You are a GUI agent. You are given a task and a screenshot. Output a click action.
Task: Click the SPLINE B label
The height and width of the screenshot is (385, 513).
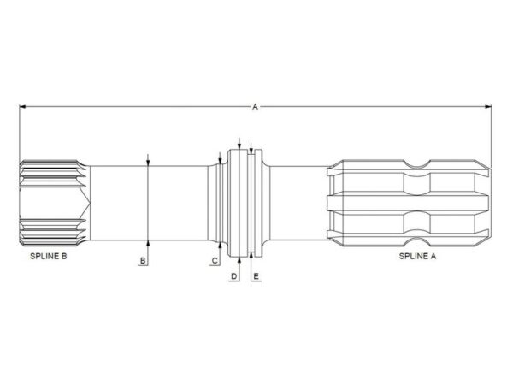(49, 256)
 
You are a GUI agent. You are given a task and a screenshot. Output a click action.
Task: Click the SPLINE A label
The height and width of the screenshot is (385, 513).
(417, 256)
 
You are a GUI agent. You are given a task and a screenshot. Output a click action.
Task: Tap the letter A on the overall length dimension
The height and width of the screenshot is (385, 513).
(255, 106)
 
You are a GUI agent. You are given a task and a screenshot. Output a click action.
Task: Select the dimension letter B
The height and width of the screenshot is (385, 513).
(143, 261)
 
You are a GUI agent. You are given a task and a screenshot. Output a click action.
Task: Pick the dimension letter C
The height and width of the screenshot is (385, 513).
(215, 261)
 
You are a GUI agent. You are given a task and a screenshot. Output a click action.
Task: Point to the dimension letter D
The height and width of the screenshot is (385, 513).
(233, 276)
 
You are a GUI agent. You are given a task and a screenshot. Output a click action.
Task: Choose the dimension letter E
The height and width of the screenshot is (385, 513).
(256, 276)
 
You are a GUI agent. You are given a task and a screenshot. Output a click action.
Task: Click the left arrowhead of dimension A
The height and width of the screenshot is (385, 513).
(22, 106)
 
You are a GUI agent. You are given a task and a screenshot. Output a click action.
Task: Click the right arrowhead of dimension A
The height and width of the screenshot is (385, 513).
(488, 106)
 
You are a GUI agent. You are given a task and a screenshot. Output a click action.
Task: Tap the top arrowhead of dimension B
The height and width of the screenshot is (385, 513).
(148, 163)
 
